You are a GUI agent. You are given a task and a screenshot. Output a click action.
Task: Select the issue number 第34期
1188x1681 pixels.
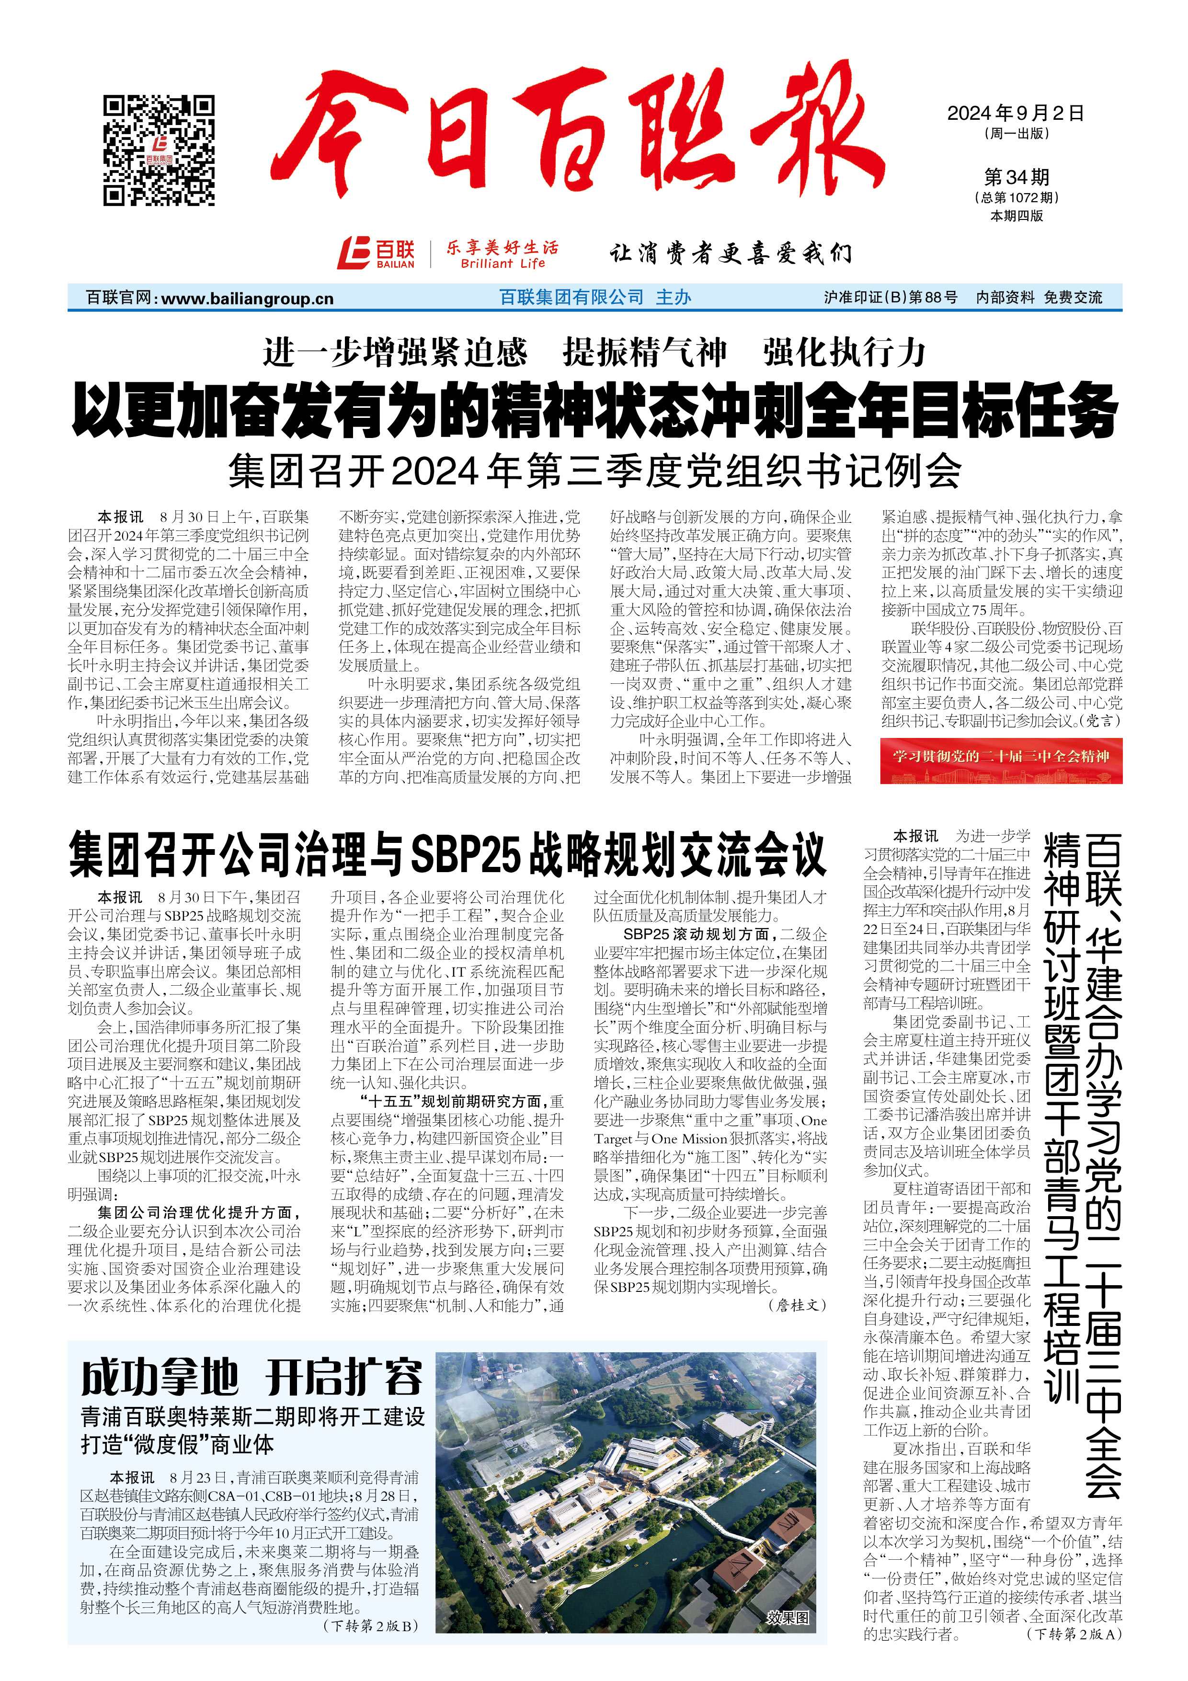[1016, 177]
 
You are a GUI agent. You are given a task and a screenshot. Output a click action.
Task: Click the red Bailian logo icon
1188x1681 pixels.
[354, 253]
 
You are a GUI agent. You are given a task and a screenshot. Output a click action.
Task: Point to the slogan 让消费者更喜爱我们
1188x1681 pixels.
[731, 253]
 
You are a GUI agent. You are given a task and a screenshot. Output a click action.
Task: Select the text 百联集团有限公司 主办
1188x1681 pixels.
[594, 297]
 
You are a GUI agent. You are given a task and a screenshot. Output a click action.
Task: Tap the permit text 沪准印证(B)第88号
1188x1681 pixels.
[890, 297]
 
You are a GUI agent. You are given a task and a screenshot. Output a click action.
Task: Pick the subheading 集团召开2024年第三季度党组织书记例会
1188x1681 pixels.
[594, 471]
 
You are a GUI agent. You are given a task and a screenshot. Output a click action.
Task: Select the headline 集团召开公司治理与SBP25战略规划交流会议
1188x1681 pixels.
[447, 855]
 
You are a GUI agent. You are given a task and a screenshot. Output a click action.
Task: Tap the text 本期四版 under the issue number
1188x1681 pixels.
[1016, 216]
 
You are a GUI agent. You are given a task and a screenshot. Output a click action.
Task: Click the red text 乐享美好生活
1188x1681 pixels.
[502, 247]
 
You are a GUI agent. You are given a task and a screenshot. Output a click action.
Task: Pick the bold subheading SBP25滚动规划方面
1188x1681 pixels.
[696, 934]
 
